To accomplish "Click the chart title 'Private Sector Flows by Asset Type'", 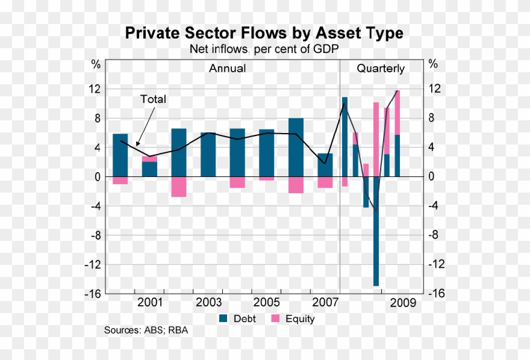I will [264, 33].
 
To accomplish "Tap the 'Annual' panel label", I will [227, 69].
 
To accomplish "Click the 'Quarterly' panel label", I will [381, 69].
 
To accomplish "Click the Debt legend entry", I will [238, 318].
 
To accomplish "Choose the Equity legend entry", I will [293, 318].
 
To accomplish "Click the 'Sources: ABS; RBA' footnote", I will [146, 331].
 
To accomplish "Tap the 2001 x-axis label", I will [149, 302].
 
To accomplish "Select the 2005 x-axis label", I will [266, 302].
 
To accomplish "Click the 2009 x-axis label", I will [402, 302].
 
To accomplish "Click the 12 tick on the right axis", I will [434, 88].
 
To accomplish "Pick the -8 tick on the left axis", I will [95, 235].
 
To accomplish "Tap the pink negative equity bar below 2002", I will [179, 187].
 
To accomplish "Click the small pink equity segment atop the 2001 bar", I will [149, 159].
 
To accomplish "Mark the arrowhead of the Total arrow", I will [137, 144].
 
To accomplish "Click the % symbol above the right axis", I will [433, 64].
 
